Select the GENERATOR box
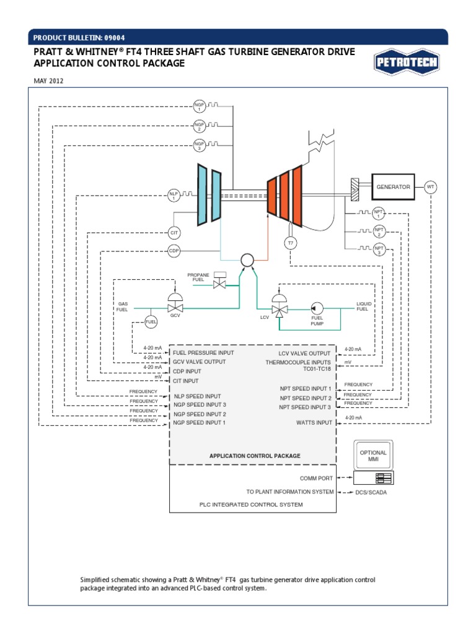394,186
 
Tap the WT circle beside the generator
431,186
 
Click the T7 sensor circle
290,243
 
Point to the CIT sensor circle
174,233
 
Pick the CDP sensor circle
174,251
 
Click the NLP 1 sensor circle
174,196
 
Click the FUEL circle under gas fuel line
151,321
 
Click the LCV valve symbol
279,308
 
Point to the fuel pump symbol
317,307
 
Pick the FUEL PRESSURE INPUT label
203,352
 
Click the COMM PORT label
316,478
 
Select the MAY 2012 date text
48,80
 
